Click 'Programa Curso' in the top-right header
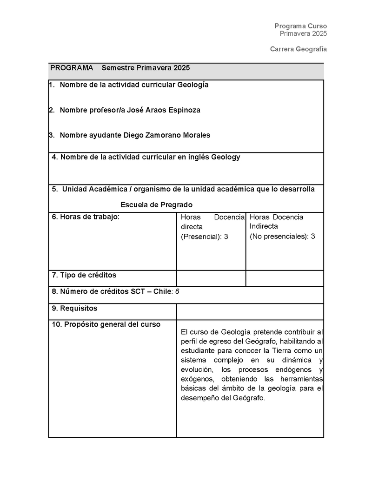point(300,26)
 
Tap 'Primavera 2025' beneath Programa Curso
point(303,33)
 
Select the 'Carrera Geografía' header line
point(299,49)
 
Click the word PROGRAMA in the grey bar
point(72,68)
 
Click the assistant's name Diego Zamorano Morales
point(166,135)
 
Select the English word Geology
point(226,157)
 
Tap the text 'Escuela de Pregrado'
point(156,205)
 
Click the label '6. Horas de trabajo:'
point(86,217)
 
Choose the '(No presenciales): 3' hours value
point(282,237)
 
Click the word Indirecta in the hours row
point(264,226)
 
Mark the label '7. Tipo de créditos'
point(84,276)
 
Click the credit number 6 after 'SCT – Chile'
point(177,292)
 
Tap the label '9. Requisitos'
point(75,309)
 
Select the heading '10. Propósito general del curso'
point(106,324)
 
